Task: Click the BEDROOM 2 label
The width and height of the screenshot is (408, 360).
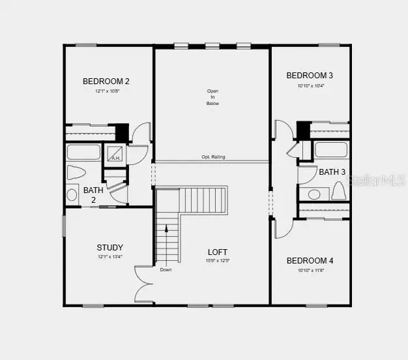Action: tap(106, 82)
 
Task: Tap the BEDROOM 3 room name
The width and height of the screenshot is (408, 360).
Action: tap(310, 76)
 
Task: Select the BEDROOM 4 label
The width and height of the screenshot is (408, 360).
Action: tap(310, 261)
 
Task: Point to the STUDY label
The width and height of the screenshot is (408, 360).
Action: tap(109, 247)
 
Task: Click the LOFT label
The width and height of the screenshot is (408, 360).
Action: tap(218, 252)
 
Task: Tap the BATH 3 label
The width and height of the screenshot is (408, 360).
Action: tap(332, 172)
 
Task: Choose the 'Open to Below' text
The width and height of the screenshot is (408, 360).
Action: tap(213, 97)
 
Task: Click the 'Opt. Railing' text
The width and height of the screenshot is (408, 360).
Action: tap(213, 157)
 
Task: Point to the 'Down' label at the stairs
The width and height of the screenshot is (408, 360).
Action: tap(166, 269)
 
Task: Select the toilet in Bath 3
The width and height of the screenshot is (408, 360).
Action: tap(338, 191)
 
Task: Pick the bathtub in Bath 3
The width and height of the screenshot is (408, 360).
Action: tap(332, 150)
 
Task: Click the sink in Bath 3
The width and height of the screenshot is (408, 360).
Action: tap(315, 194)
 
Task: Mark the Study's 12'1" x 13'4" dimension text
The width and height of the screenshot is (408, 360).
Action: tap(109, 256)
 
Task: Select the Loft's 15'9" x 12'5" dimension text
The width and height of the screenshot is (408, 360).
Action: tap(218, 261)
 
